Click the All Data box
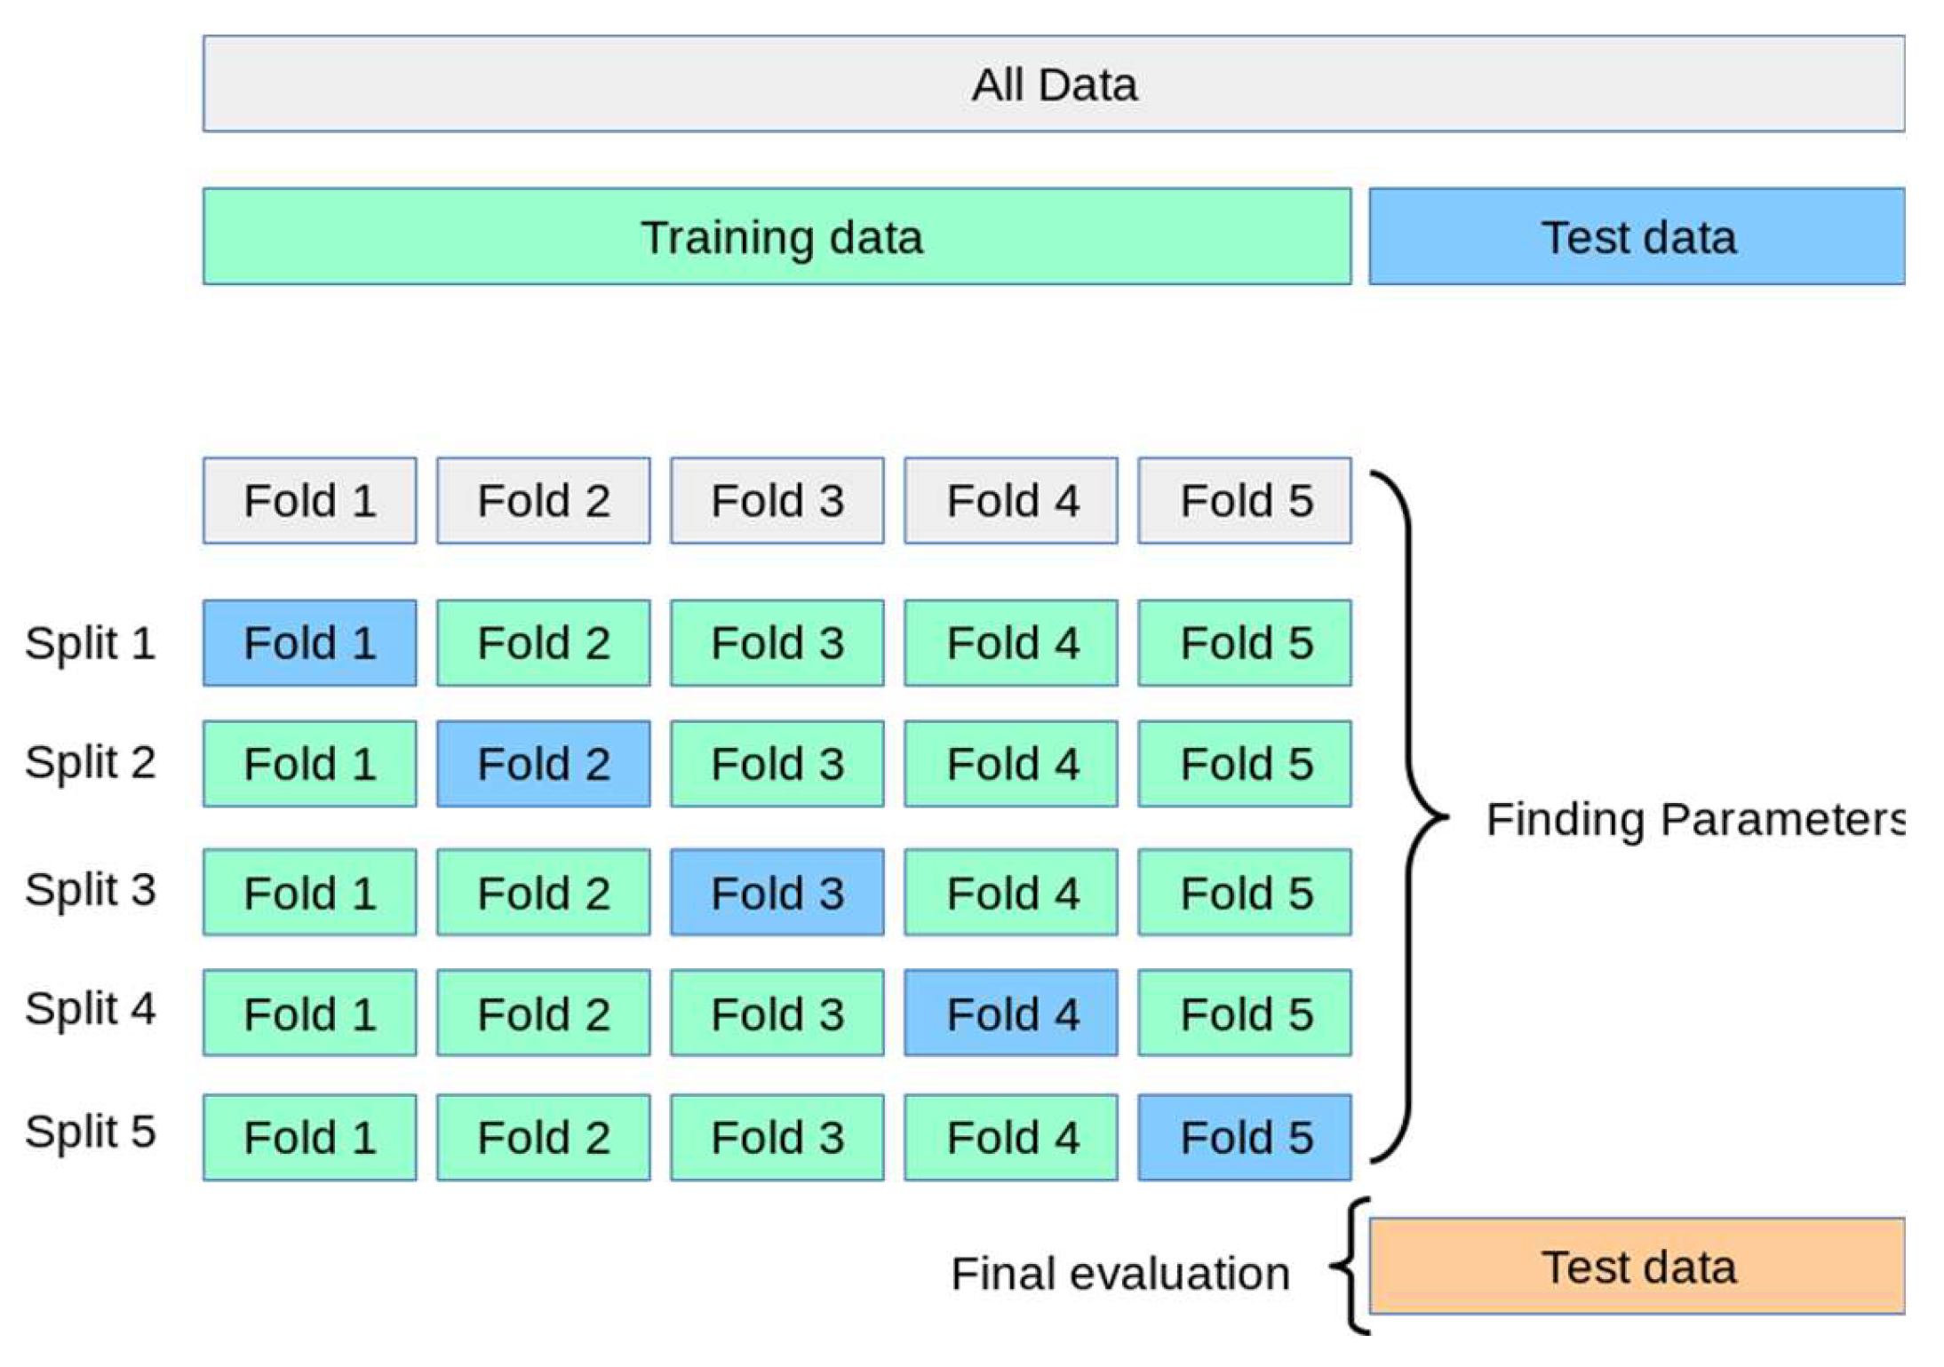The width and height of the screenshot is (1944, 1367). (x=1053, y=84)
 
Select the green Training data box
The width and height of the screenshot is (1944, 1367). (x=777, y=236)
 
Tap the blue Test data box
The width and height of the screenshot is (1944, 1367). (x=1636, y=236)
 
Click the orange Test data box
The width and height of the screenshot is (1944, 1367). (x=1636, y=1266)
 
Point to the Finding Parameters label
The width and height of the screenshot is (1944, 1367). (x=1693, y=818)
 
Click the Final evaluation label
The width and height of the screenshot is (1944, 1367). (x=1119, y=1273)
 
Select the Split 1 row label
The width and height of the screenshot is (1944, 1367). (x=90, y=642)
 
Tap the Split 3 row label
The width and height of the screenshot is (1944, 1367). (x=90, y=889)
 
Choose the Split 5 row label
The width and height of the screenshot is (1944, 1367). (x=90, y=1132)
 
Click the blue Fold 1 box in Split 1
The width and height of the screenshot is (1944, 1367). (x=309, y=642)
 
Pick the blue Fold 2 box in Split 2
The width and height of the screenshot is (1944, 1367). (x=543, y=763)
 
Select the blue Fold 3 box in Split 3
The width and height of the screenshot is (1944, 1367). (x=777, y=892)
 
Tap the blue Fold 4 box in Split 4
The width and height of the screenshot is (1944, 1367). (x=1011, y=1013)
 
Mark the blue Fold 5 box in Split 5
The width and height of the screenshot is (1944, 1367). (x=1245, y=1137)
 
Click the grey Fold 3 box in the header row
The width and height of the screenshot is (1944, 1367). (x=777, y=500)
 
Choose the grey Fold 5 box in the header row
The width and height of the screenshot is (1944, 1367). (x=1245, y=500)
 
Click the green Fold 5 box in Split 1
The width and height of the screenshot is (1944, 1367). (x=1245, y=642)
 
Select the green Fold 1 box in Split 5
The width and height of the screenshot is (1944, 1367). (x=309, y=1137)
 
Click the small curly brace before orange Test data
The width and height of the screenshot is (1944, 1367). (x=1350, y=1266)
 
